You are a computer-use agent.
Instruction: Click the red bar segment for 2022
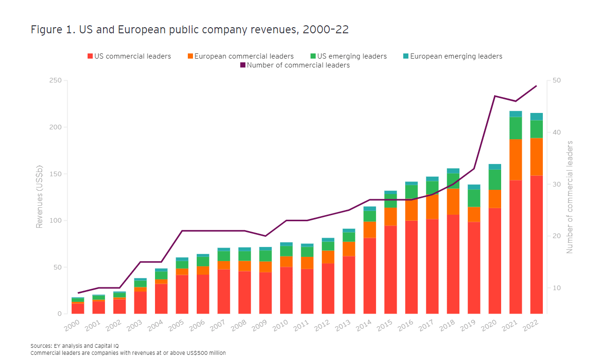[x=536, y=244]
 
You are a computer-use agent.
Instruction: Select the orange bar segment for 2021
[x=516, y=159]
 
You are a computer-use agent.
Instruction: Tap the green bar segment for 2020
[x=495, y=180]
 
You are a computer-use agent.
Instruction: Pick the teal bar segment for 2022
[x=536, y=116]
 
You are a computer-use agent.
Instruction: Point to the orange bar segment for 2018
[x=453, y=202]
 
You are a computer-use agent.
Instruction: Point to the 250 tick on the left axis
[x=55, y=81]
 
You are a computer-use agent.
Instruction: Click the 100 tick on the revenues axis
[x=55, y=221]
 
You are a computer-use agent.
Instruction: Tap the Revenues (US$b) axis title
[x=40, y=197]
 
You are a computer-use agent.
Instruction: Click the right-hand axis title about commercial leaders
[x=570, y=197]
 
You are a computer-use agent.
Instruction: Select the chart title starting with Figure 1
[x=190, y=30]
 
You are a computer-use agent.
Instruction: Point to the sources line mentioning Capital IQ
[x=74, y=346]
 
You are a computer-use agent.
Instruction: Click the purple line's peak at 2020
[x=495, y=96]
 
